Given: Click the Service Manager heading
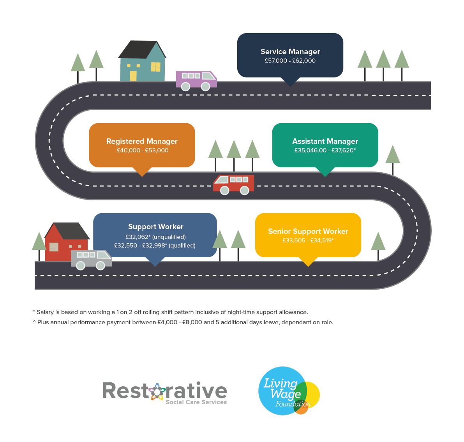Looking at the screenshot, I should [x=290, y=51].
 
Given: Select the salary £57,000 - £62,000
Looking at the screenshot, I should [x=290, y=61].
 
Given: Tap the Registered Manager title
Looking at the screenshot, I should [x=142, y=141].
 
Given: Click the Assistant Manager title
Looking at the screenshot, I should [x=325, y=141].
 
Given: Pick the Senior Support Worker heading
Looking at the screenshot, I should [x=308, y=231].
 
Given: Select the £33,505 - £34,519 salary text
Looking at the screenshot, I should [x=308, y=240].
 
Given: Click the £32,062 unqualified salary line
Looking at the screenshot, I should [x=155, y=237].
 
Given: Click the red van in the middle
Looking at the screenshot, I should [x=234, y=184].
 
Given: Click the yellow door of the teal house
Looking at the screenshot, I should [x=133, y=76].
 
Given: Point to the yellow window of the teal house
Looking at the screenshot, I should [x=156, y=67].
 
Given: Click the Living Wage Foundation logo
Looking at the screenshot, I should [x=289, y=391].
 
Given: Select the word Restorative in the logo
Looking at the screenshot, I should [x=164, y=391].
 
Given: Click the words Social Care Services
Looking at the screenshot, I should [x=196, y=402].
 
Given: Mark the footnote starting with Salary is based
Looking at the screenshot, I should [x=171, y=312].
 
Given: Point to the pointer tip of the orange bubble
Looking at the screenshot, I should [x=142, y=176].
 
